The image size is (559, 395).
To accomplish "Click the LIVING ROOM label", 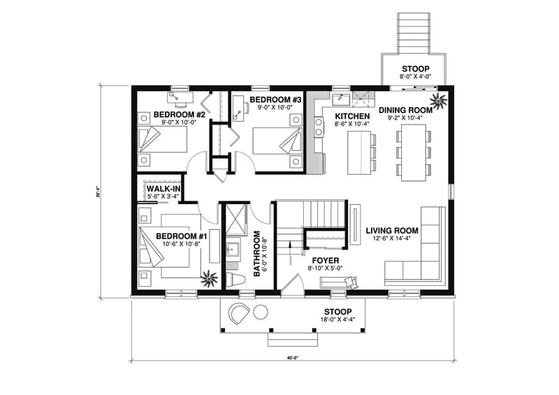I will pos(391,230).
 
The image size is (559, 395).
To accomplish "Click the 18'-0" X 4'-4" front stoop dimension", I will pos(337,322).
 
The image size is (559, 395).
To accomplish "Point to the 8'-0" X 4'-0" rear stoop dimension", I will pos(416,76).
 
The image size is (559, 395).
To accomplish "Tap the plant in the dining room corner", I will pos(439,100).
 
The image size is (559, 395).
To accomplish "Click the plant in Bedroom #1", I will pos(209,278).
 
